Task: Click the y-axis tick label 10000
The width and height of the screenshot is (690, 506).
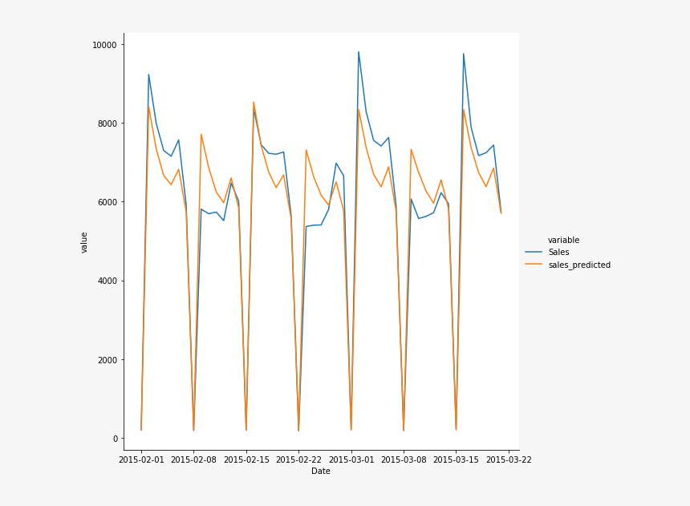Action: [104, 44]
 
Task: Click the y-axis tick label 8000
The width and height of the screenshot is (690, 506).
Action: [107, 123]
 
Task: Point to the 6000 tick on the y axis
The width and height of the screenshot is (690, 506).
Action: [107, 202]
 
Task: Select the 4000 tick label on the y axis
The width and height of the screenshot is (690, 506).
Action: [107, 281]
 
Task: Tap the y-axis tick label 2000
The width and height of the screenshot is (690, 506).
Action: [107, 359]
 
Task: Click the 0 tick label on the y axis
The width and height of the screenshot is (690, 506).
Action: [115, 439]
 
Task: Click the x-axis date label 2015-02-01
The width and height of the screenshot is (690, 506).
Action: [141, 459]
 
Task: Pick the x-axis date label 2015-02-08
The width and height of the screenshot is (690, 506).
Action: [193, 459]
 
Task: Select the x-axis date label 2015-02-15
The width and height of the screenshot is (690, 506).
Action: [246, 459]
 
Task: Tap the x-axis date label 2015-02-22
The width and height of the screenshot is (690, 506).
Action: [298, 459]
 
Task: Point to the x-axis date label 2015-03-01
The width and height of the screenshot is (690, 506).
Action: [351, 459]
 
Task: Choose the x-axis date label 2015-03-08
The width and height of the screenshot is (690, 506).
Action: [404, 459]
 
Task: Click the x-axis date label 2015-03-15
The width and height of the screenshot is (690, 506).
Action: [457, 459]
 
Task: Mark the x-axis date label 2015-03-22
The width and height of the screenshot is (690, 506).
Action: [509, 459]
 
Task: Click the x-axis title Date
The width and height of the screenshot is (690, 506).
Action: [321, 472]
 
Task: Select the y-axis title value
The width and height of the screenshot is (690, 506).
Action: [84, 242]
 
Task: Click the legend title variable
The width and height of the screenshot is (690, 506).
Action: [563, 240]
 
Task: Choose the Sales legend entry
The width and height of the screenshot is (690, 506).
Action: [564, 252]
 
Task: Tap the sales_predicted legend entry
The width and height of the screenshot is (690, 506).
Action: [579, 265]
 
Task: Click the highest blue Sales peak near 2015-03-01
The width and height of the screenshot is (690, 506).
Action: [359, 52]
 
